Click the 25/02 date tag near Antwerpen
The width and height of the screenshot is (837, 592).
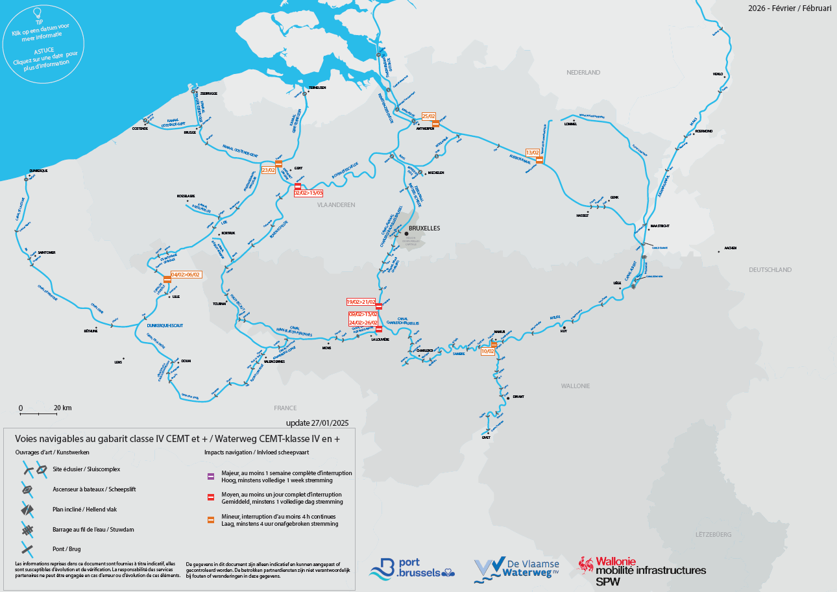[x=429, y=116]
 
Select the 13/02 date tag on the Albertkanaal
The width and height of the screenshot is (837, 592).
[x=533, y=153]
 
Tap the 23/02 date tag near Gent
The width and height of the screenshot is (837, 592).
[x=269, y=170]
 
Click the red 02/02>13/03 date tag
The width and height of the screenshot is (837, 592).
[x=308, y=193]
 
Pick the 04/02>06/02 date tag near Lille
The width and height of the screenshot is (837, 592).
[x=186, y=275]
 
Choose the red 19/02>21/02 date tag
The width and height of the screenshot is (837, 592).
[x=361, y=302]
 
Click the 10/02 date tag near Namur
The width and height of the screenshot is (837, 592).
[x=488, y=351]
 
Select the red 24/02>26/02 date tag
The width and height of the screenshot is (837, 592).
[x=363, y=323]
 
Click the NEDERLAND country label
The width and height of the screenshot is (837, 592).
[x=583, y=73]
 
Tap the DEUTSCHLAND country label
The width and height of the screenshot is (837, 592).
[x=770, y=269]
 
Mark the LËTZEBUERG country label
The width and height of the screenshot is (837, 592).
[x=713, y=534]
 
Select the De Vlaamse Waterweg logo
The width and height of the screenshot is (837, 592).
[x=516, y=569]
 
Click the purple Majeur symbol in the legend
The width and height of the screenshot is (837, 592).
[x=210, y=476]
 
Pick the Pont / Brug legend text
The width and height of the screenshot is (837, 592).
[x=66, y=549]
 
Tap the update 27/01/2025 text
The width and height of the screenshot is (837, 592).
[x=317, y=423]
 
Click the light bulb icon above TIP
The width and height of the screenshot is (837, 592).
[x=38, y=12]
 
